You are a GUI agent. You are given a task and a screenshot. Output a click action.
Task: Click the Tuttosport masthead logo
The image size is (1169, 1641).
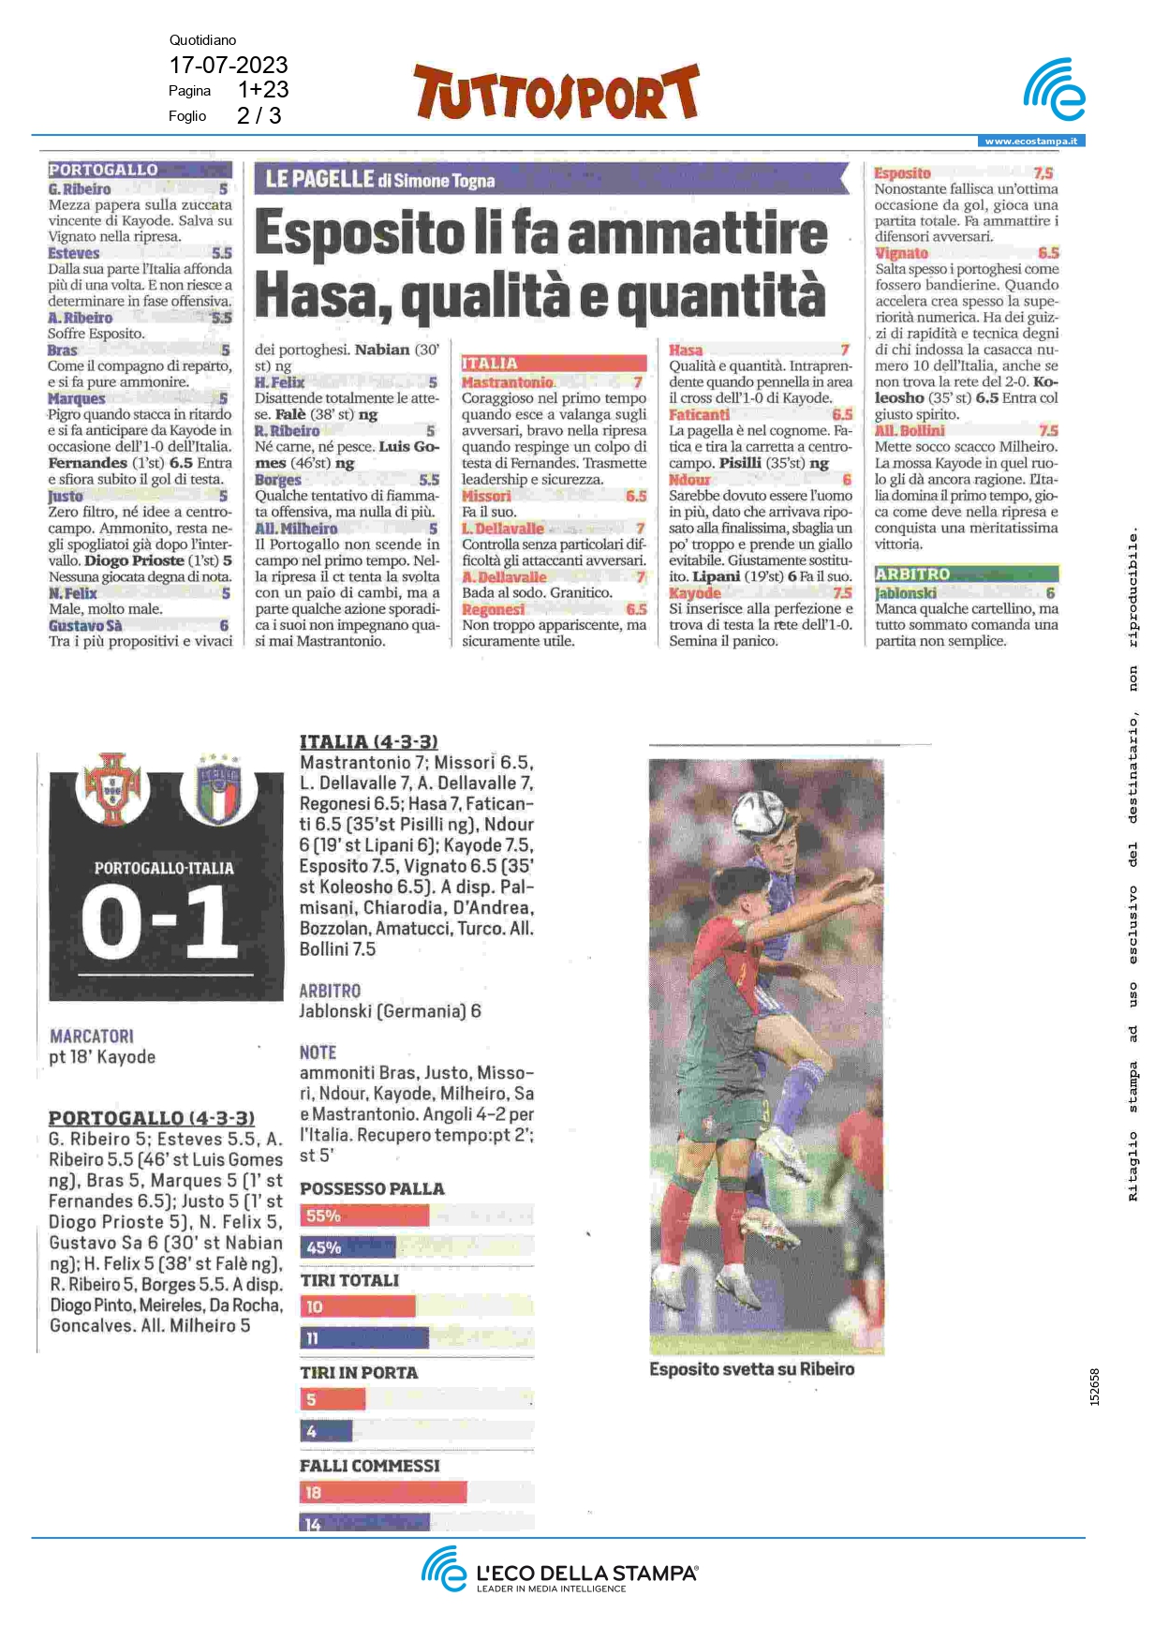(x=556, y=93)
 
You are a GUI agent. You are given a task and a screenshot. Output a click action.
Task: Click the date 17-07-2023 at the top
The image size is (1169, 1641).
(x=228, y=65)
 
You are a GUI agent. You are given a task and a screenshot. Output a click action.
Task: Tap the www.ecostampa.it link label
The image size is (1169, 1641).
(x=1030, y=142)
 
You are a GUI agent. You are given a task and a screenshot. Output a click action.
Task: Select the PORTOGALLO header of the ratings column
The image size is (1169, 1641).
(x=103, y=170)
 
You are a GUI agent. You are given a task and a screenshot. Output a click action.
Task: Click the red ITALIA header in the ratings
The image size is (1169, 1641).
(x=489, y=364)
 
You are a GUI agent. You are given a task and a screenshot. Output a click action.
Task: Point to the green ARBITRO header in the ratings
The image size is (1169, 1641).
(x=912, y=574)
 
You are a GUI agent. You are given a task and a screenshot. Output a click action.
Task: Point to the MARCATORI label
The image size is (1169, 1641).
(x=92, y=1036)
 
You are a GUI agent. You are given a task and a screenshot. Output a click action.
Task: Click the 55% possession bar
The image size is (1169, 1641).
(x=364, y=1216)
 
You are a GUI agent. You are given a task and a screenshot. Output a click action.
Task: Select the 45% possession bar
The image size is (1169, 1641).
(x=348, y=1247)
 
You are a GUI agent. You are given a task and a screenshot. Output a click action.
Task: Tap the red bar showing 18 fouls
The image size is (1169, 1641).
(x=383, y=1492)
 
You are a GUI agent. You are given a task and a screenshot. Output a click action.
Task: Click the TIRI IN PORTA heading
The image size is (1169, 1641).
(x=359, y=1372)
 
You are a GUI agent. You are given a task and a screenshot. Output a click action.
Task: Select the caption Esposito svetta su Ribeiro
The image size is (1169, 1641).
(x=751, y=1368)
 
